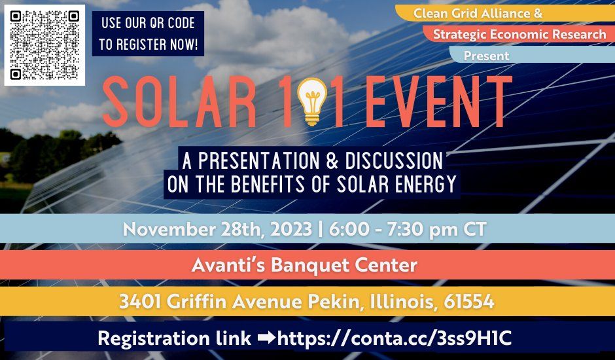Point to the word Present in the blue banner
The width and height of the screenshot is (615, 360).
pyautogui.click(x=486, y=56)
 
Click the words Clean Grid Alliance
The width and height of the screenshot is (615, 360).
pyautogui.click(x=484, y=12)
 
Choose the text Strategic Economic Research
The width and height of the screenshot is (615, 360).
pyautogui.click(x=519, y=34)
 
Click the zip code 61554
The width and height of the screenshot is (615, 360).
pyautogui.click(x=468, y=302)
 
